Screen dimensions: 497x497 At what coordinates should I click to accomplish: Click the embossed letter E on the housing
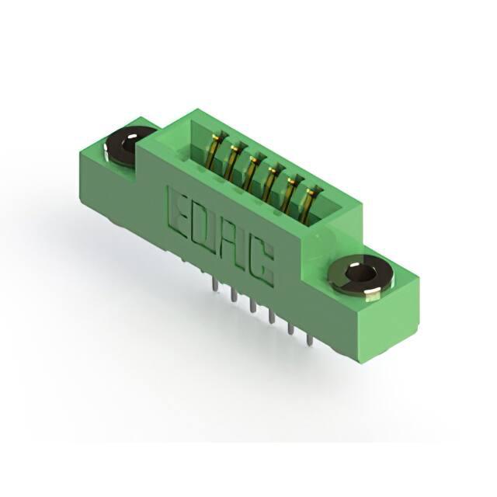[x=177, y=211]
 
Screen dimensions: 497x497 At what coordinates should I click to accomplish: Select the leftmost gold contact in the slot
[x=217, y=148]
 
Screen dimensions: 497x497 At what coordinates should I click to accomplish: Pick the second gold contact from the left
[x=234, y=161]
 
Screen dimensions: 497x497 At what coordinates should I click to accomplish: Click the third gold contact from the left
[x=252, y=172]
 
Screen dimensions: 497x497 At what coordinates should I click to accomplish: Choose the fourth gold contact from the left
[x=270, y=186]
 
